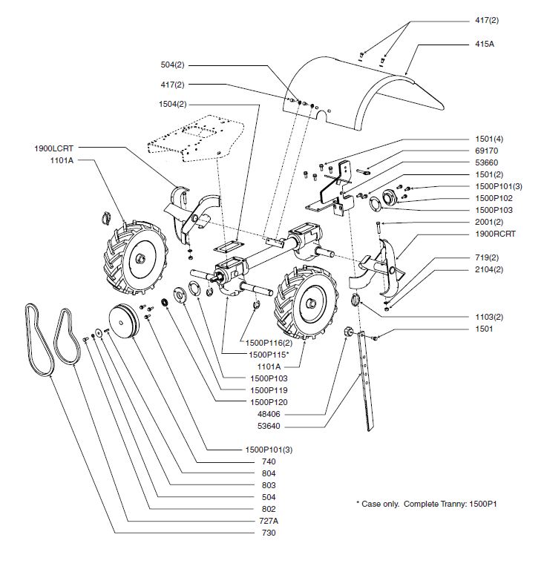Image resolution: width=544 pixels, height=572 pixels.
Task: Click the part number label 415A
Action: click(485, 44)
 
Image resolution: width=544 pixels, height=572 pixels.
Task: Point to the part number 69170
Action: click(485, 151)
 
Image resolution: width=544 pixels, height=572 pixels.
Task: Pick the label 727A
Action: click(264, 521)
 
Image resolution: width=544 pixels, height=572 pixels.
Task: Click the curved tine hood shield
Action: click(364, 85)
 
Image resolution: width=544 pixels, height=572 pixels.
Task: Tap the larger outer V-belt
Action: click(37, 341)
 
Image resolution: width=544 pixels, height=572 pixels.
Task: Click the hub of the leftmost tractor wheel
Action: click(140, 257)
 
